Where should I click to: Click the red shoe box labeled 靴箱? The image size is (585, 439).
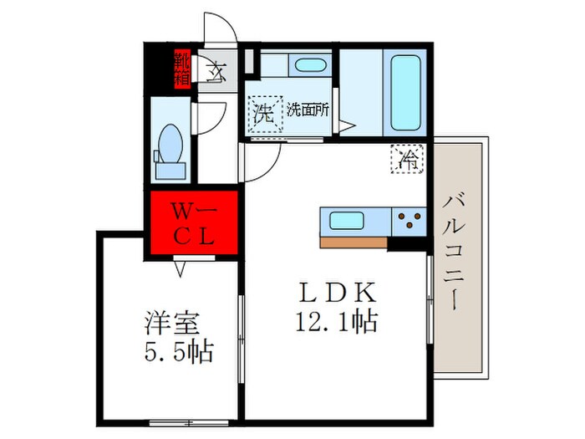[x=181, y=69]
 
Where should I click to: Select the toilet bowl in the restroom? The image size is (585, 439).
[x=171, y=141]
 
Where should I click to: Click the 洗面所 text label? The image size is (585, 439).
[x=307, y=110]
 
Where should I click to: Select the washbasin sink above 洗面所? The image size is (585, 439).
[x=310, y=67]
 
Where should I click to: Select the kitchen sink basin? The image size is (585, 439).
[x=345, y=222]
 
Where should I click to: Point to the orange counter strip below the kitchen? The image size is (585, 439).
[x=354, y=242]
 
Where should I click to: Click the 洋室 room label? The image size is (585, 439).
[x=165, y=322]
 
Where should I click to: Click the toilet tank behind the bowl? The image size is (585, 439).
[x=170, y=170]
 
